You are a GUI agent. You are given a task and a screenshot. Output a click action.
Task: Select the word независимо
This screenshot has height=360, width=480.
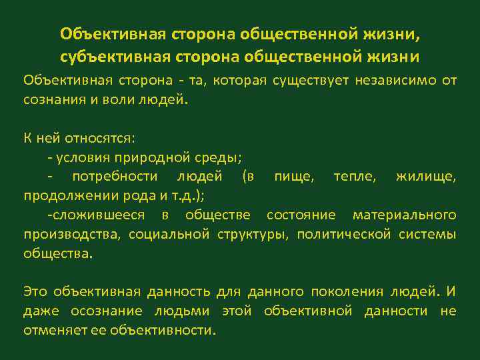pyautogui.click(x=389, y=81)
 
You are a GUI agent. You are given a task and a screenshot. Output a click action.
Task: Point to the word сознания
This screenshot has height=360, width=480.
pyautogui.click(x=50, y=101)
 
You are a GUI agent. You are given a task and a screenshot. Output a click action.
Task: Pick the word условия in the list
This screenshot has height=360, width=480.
pyautogui.click(x=83, y=158)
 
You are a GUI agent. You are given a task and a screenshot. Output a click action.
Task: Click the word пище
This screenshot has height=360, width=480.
pyautogui.click(x=293, y=177)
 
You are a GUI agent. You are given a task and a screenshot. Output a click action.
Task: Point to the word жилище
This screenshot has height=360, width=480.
pyautogui.click(x=426, y=177)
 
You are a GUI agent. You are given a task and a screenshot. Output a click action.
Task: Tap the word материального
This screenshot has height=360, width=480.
pyautogui.click(x=404, y=215)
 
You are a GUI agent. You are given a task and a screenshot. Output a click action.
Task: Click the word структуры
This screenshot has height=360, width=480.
pyautogui.click(x=255, y=234)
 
